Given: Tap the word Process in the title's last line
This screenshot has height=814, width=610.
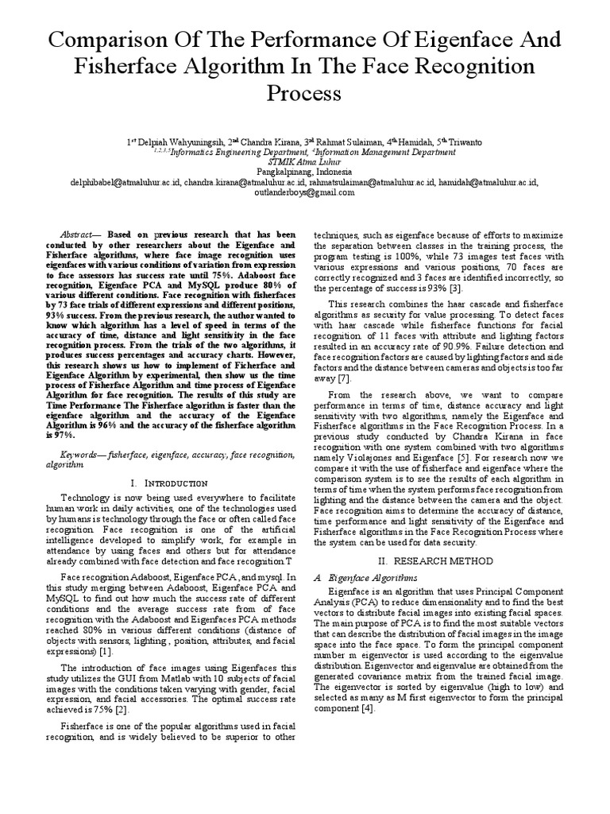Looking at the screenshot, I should [305, 93].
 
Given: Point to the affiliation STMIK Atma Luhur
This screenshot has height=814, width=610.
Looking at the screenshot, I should [305, 161].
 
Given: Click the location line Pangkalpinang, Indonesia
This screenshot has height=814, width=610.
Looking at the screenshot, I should [305, 171].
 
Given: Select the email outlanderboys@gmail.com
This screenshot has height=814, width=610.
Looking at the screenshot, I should [305, 192].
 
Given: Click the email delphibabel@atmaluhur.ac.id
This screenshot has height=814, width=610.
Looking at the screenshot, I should [115, 182].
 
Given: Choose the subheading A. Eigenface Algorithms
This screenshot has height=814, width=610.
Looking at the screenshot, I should [365, 576].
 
